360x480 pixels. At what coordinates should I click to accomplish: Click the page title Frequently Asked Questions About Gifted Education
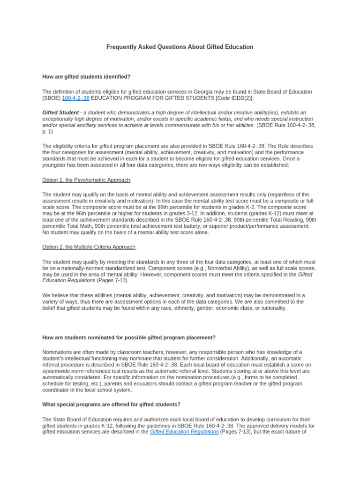180,47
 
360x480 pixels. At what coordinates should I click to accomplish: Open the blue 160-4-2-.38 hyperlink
75,98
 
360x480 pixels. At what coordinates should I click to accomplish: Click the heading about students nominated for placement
129,337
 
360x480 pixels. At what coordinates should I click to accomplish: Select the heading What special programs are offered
111,404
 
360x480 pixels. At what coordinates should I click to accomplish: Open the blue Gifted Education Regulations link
184,432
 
